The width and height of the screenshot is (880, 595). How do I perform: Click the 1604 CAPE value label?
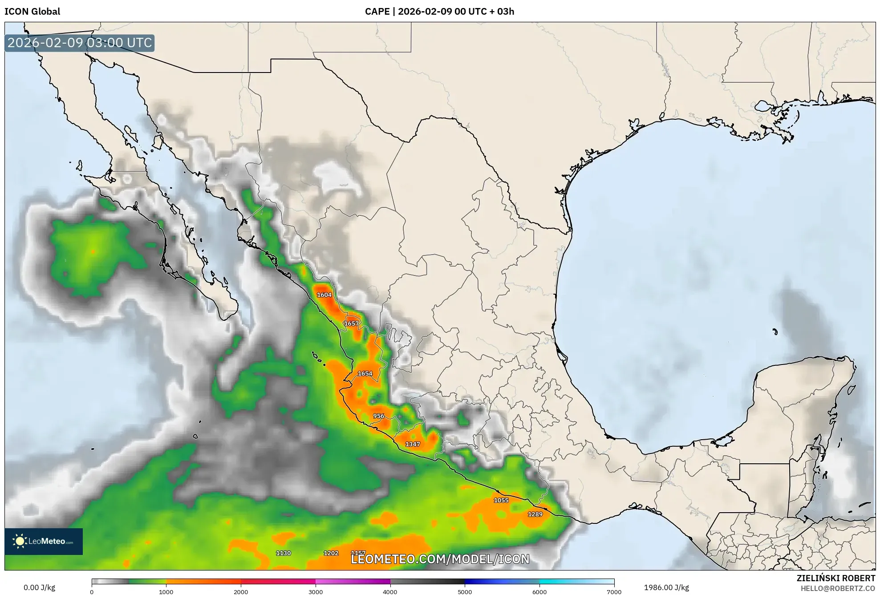click(324, 295)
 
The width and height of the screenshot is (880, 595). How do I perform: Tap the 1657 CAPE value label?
click(351, 324)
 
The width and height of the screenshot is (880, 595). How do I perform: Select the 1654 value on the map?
click(365, 373)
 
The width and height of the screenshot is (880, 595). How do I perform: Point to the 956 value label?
click(378, 416)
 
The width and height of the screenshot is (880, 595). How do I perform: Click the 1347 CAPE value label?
click(412, 444)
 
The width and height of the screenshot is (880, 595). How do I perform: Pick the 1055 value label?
click(501, 500)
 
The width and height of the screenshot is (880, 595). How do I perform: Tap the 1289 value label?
click(535, 514)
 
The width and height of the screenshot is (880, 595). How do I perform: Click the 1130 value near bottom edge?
click(283, 553)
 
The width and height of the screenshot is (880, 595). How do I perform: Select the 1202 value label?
click(331, 553)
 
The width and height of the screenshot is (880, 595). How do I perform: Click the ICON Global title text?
click(32, 12)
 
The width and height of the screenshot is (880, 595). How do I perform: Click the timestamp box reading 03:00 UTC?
click(80, 43)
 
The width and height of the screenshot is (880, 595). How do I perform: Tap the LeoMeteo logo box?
click(44, 541)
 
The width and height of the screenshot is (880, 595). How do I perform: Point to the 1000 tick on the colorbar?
click(166, 591)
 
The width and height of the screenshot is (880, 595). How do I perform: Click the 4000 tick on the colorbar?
click(390, 591)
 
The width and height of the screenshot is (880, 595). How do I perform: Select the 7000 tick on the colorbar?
click(614, 591)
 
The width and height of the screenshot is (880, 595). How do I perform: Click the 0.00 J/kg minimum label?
click(39, 587)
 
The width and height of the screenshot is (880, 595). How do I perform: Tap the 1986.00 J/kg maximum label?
click(666, 587)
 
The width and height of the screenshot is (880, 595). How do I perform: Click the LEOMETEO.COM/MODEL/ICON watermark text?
click(440, 559)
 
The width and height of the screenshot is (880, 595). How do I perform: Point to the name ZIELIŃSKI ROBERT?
click(835, 578)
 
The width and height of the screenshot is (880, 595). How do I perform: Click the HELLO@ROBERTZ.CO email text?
click(838, 588)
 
